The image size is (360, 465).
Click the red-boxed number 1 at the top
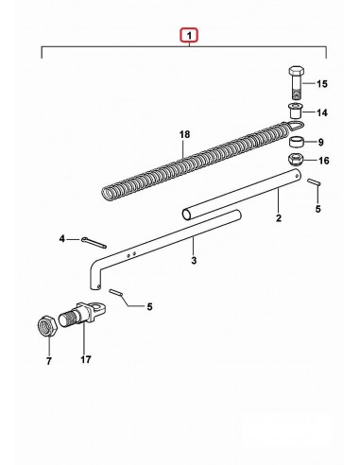190,37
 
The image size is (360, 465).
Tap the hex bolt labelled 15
293,80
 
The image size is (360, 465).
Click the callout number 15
322,85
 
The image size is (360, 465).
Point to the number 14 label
322,112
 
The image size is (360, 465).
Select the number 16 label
322,161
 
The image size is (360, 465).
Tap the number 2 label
278,219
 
